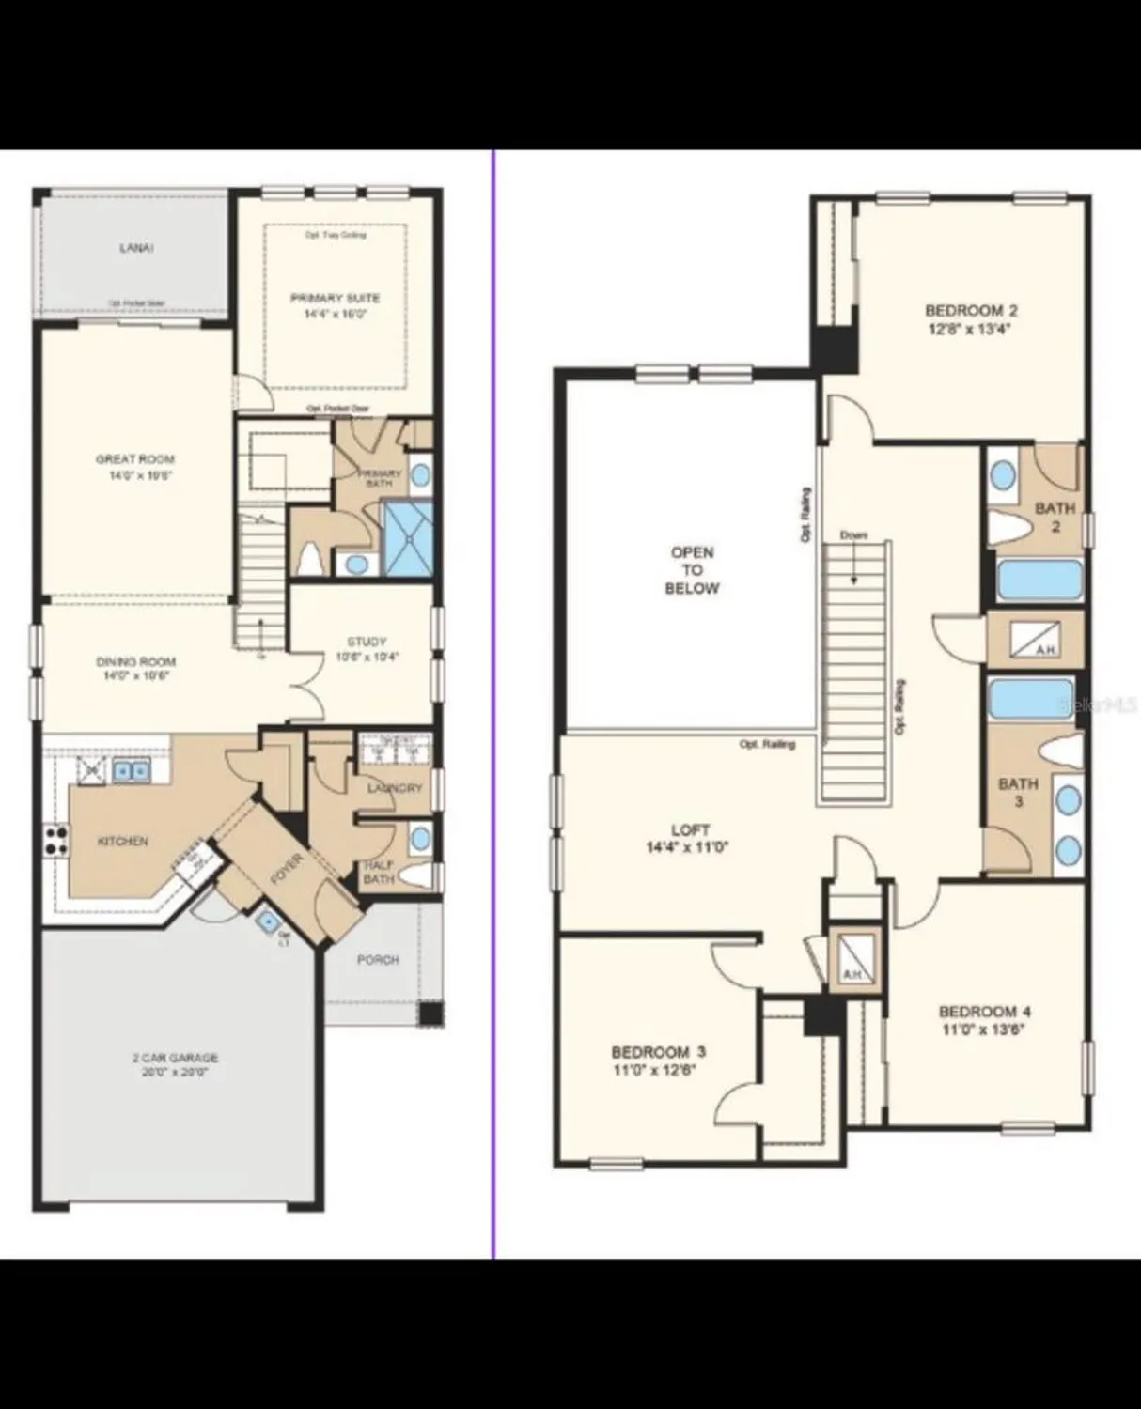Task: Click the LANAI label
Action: [136, 248]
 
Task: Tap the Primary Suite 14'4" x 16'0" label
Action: [335, 306]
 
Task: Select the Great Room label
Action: [135, 467]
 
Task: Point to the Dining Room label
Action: [135, 668]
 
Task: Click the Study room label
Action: [367, 649]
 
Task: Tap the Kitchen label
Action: [123, 841]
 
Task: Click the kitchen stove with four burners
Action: [55, 839]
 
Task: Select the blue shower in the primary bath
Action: [406, 537]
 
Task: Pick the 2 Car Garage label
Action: [175, 1064]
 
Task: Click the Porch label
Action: [378, 960]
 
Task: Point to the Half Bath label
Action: [379, 873]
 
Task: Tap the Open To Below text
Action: [692, 570]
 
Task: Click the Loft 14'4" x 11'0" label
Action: [691, 838]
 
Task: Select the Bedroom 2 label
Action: [971, 319]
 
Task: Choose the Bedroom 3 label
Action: [658, 1061]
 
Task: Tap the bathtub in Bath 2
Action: [1039, 581]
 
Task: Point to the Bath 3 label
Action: [1018, 792]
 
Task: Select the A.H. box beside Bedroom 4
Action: [853, 960]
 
